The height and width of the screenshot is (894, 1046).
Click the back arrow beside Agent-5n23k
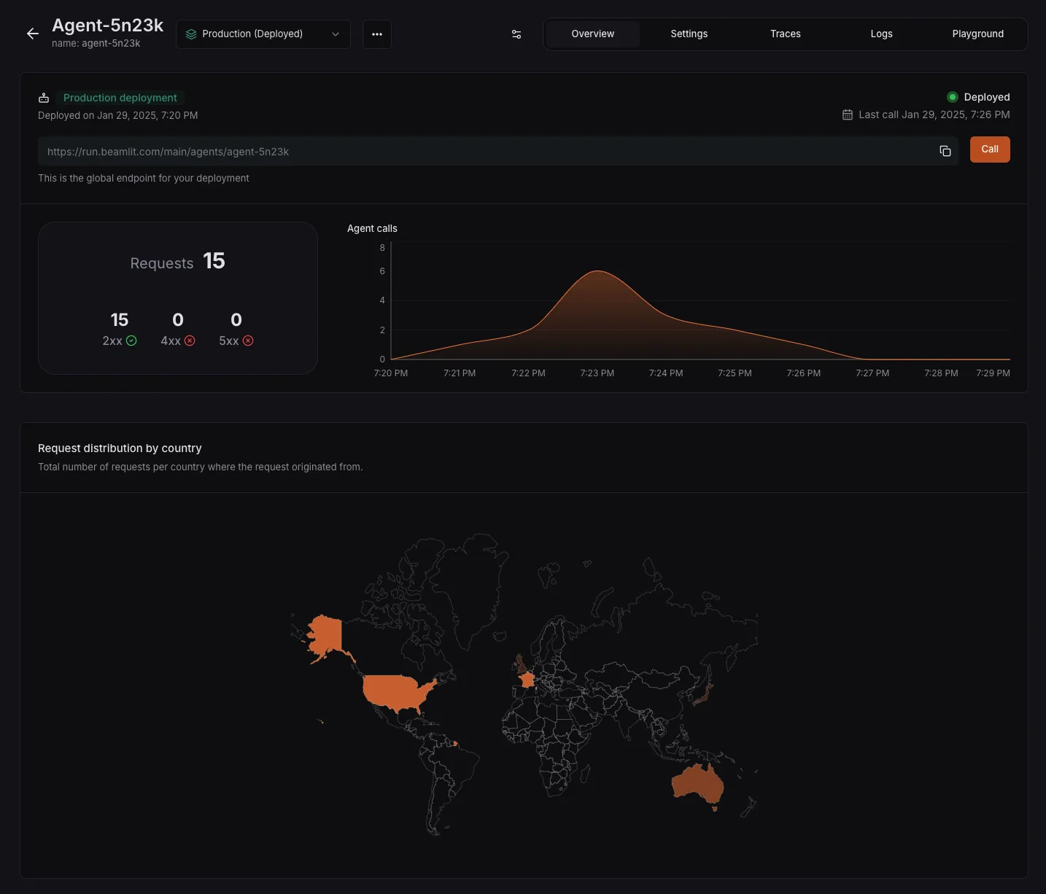coord(32,34)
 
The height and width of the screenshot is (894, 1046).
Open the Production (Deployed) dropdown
coord(263,34)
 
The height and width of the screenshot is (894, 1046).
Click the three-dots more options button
coord(377,34)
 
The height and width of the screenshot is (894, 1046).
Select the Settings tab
coord(689,34)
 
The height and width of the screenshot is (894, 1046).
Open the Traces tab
coord(785,34)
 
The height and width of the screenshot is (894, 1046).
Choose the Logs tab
coord(881,34)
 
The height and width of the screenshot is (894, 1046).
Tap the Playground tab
coord(977,34)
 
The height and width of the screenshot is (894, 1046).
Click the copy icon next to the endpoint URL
coord(945,151)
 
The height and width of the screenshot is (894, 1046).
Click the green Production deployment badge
coord(120,98)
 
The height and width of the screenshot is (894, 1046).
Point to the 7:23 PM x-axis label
coord(597,373)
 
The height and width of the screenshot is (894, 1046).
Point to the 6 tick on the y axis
coord(382,271)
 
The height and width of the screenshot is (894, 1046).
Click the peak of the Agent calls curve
coord(598,271)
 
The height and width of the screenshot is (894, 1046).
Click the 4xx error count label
coord(171,341)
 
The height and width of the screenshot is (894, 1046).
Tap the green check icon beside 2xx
coord(131,341)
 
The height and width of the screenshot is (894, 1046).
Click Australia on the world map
coord(697,784)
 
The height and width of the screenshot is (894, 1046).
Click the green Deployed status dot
coord(952,97)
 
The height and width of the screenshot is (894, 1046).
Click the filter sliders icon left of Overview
coord(516,34)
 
